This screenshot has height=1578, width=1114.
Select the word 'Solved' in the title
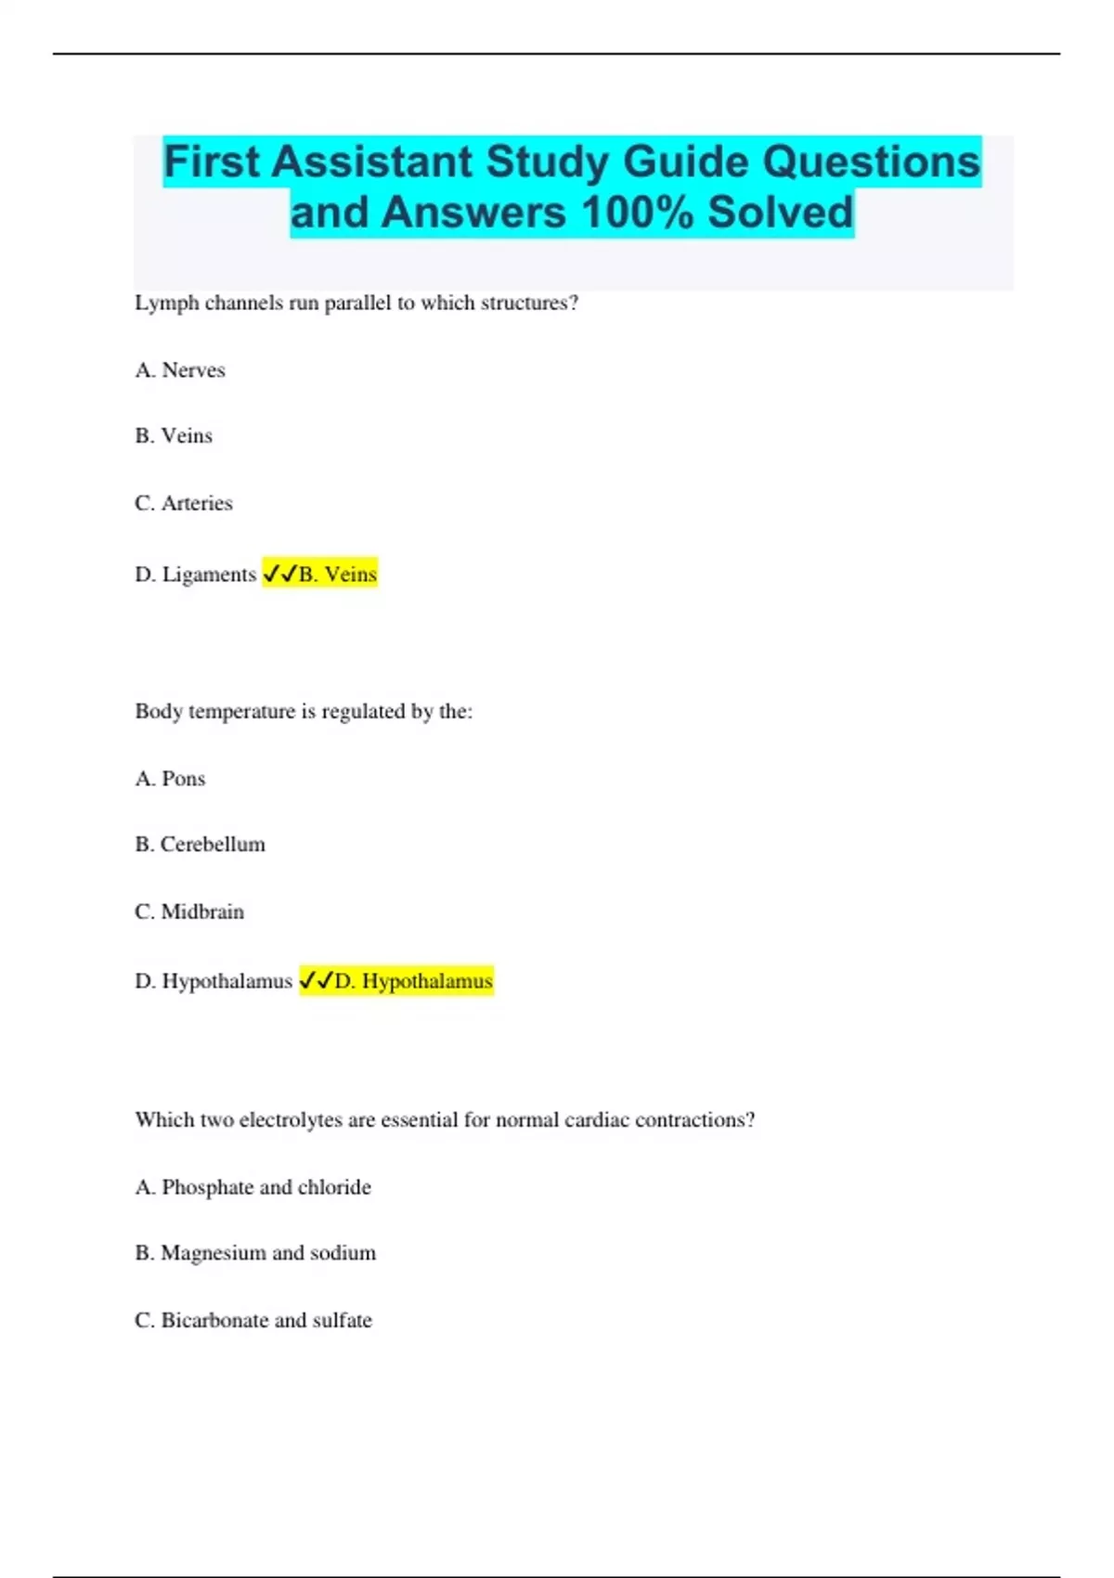tap(780, 213)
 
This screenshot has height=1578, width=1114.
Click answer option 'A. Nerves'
tap(180, 370)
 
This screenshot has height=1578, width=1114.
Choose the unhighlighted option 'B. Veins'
tap(174, 436)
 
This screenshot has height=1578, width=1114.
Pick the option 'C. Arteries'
tap(184, 503)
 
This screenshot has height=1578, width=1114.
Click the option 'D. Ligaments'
tap(195, 575)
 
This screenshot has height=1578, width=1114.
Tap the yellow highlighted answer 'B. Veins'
tap(320, 575)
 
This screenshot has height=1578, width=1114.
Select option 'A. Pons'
tap(170, 779)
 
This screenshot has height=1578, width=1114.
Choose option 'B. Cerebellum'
tap(200, 845)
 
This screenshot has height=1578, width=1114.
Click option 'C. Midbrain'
tap(189, 912)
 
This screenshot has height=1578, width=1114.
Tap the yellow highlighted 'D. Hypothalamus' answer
tap(396, 981)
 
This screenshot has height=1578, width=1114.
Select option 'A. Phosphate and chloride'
tap(253, 1187)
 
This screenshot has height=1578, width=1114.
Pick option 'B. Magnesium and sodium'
tap(255, 1253)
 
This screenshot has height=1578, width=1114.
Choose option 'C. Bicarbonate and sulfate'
tap(253, 1320)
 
